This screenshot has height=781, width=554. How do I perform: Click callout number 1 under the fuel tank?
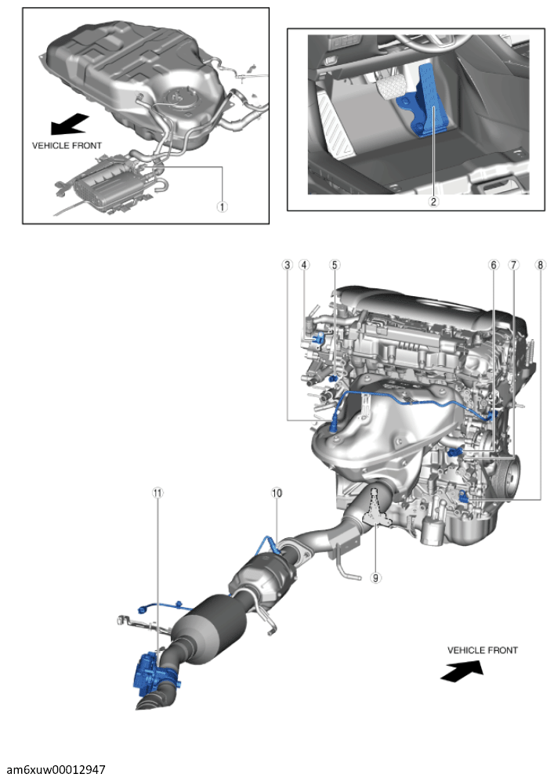[x=223, y=207]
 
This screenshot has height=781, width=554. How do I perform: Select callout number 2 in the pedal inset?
[x=433, y=201]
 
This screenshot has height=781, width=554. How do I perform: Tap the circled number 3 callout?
[x=288, y=265]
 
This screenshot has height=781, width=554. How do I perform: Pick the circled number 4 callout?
[x=304, y=265]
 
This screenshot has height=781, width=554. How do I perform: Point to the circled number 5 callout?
[x=335, y=265]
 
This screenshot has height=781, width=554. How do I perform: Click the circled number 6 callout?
[x=494, y=265]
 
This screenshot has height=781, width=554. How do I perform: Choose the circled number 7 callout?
[x=513, y=265]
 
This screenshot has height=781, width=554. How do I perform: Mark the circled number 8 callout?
[x=539, y=265]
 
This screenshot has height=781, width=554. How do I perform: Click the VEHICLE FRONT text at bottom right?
[x=482, y=650]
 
